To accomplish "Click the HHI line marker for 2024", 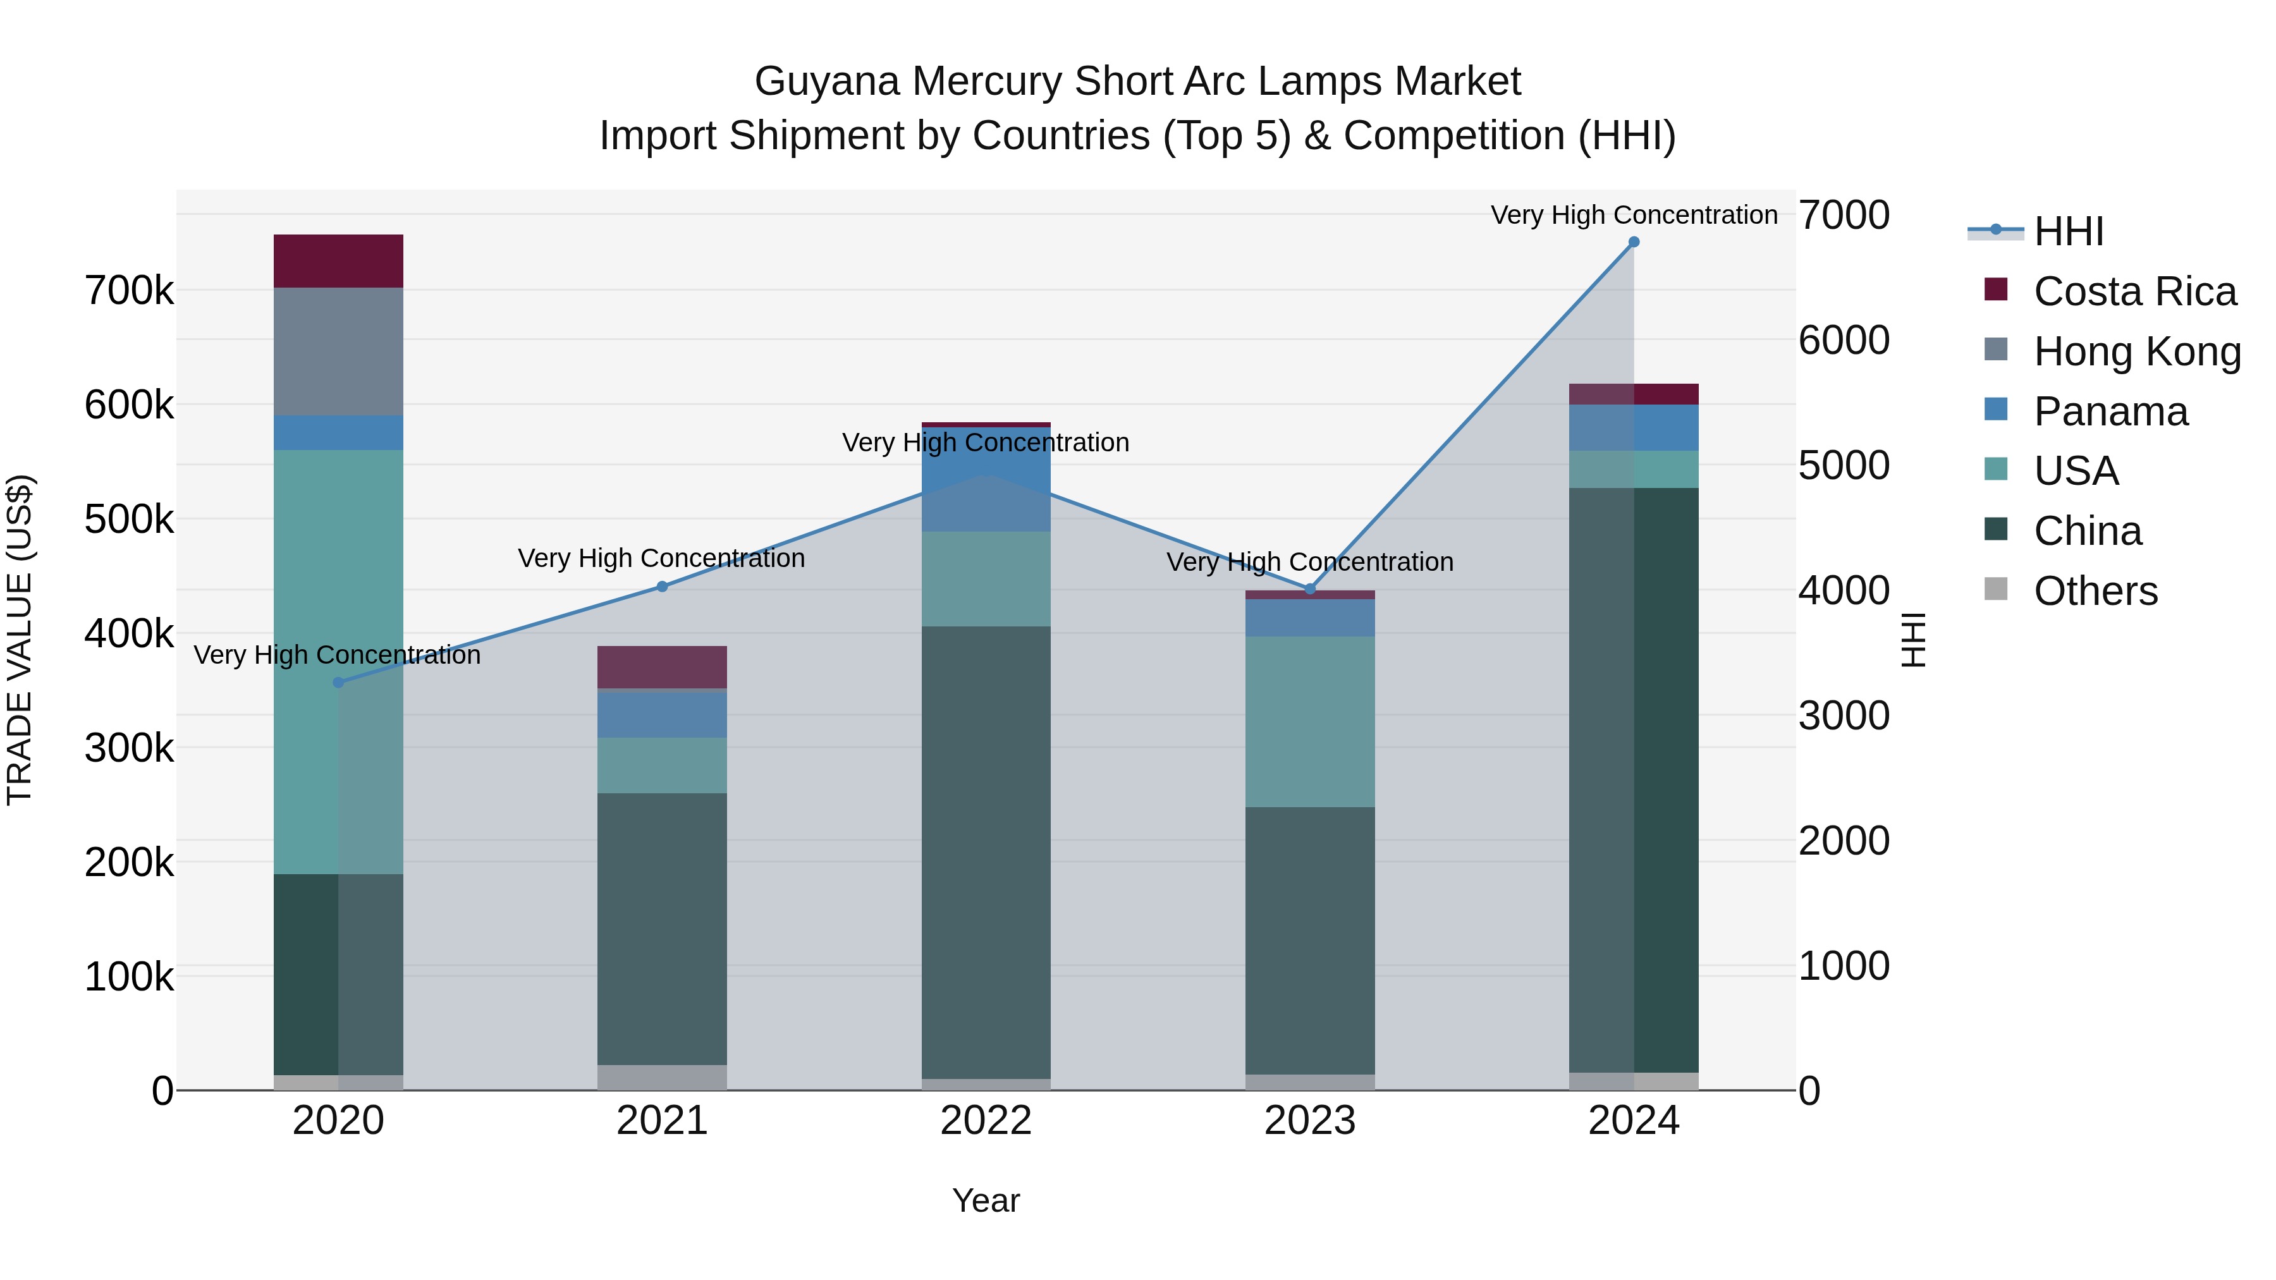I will [1634, 242].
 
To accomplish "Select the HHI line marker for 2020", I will [338, 683].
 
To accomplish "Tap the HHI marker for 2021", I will [663, 587].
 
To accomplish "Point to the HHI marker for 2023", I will [1311, 589].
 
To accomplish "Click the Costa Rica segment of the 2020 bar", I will [338, 262].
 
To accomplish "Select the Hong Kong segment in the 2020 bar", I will [338, 351].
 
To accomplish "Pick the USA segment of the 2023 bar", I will [1311, 722].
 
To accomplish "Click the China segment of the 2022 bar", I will [986, 853].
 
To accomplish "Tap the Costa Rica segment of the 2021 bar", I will [663, 667].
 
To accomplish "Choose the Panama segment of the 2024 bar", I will [1634, 427].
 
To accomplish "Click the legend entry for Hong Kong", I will [2136, 351].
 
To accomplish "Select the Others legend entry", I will [2095, 591].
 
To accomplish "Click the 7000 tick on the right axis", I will [1844, 216].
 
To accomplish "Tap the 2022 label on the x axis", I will [986, 1121].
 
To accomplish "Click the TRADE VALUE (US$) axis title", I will [20, 640].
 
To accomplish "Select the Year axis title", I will [986, 1200].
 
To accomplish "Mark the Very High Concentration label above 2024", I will [1634, 216].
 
